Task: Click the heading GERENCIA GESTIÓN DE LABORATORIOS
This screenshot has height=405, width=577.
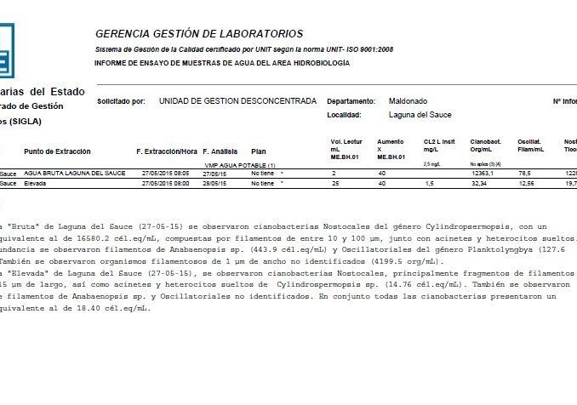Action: coord(198,34)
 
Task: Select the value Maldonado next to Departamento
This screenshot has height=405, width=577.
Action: coord(408,100)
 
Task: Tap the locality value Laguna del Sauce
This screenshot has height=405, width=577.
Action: coord(420,115)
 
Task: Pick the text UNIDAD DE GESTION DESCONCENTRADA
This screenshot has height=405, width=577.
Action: coord(237,101)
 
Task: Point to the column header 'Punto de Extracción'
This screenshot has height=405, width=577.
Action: coord(57,151)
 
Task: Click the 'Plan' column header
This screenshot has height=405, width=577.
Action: coord(259,151)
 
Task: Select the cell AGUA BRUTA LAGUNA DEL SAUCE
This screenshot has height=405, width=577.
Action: coord(75,173)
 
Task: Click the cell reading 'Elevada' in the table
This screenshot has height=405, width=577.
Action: coord(36,183)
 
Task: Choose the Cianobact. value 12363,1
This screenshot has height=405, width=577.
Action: coord(483,173)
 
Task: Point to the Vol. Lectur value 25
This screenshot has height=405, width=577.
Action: coord(335,183)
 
